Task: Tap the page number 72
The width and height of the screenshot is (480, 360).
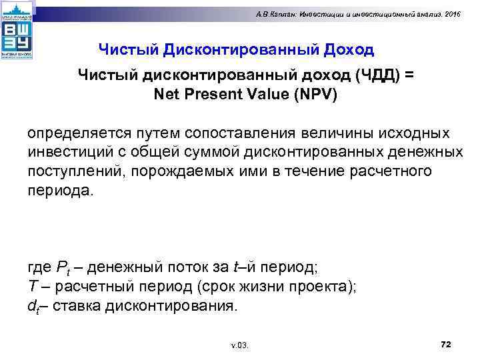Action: [447, 343]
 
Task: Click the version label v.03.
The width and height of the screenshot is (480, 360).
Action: [239, 345]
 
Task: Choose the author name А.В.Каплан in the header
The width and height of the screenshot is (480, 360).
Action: [296, 15]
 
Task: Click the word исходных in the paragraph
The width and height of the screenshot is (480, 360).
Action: [413, 134]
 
